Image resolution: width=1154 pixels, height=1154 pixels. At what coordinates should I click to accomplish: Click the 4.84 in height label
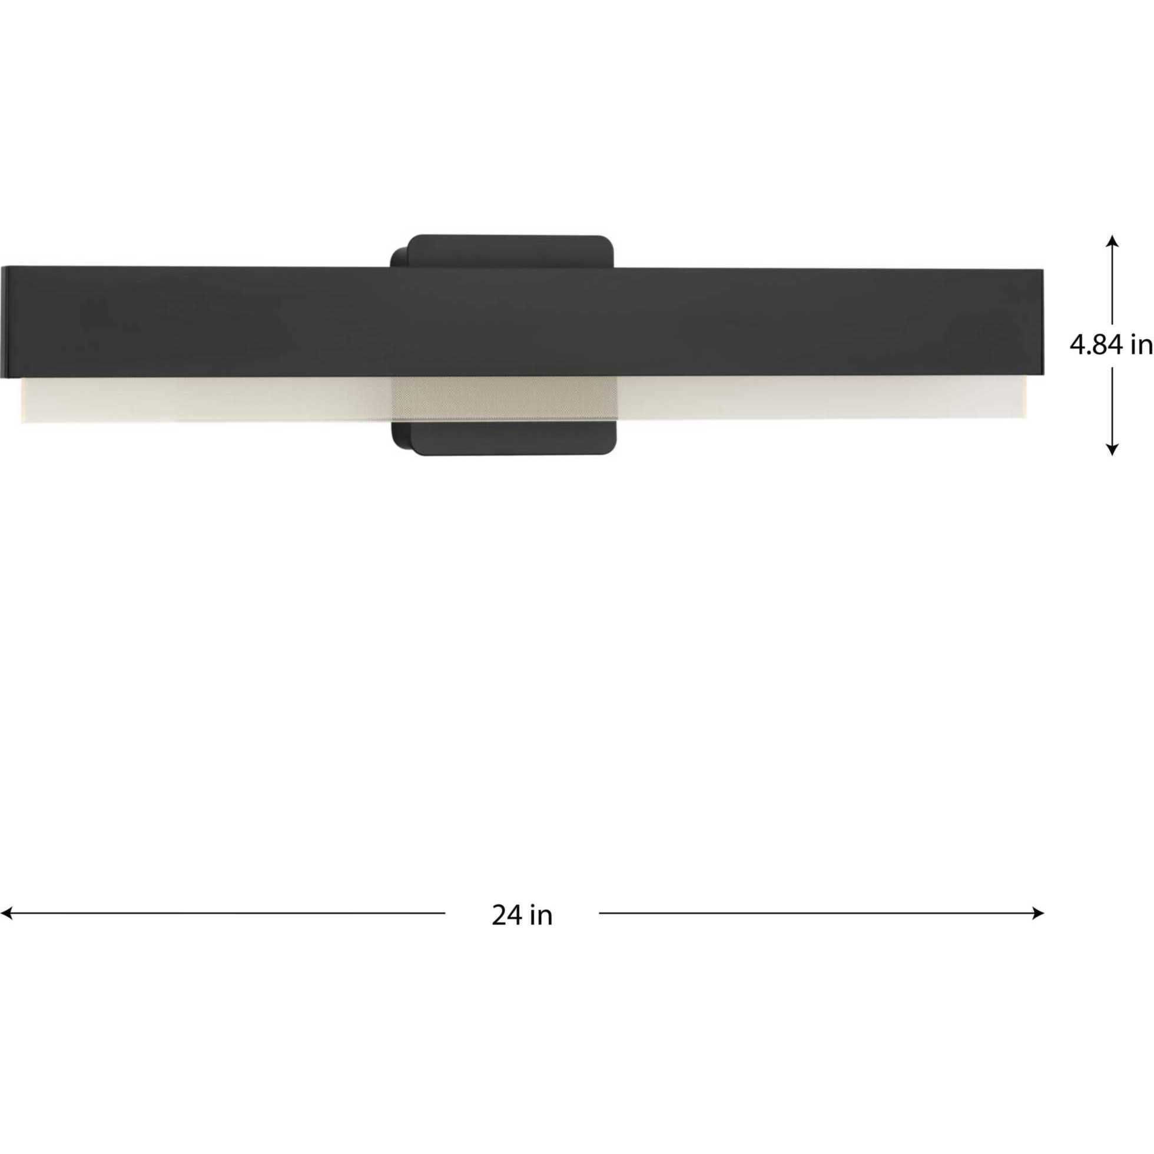pyautogui.click(x=1110, y=345)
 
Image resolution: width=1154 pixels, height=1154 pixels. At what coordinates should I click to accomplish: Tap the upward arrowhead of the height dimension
pyautogui.click(x=1112, y=240)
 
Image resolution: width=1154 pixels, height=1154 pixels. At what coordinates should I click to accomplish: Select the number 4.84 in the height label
pyautogui.click(x=1095, y=345)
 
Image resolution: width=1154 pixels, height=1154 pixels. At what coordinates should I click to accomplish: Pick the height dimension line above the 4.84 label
pyautogui.click(x=1112, y=287)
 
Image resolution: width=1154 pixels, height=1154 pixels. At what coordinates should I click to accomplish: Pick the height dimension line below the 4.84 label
pyautogui.click(x=1112, y=406)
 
